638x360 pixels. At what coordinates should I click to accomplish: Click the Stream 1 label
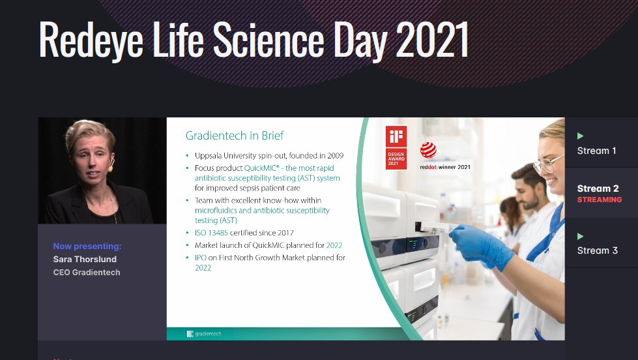point(596,151)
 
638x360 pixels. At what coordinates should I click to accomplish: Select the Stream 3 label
point(597,250)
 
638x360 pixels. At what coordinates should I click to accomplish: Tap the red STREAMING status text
point(599,200)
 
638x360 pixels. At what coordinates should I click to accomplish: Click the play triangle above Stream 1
point(580,136)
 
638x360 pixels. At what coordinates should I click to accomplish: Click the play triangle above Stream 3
point(580,236)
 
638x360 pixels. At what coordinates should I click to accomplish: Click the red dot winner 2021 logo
point(429,151)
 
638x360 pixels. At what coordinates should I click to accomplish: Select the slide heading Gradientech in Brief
point(235,136)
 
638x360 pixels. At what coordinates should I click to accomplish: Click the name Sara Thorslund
point(85,260)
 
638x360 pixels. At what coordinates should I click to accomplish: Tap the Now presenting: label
point(87,247)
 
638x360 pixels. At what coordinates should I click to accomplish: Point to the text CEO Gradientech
point(86,273)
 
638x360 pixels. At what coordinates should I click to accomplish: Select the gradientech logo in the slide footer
point(204,334)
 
